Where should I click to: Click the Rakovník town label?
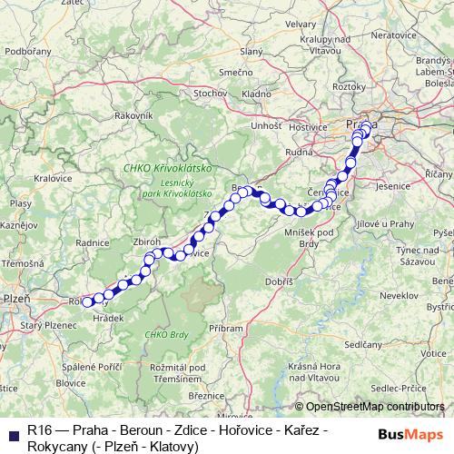click(133, 116)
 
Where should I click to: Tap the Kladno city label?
click(256, 94)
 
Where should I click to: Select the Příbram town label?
click(225, 328)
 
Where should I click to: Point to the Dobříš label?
click(279, 283)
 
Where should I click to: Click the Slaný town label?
click(252, 51)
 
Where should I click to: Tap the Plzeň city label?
click(16, 297)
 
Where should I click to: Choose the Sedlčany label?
click(363, 345)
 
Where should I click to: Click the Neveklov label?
click(398, 297)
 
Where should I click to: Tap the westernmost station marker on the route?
click(87, 302)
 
